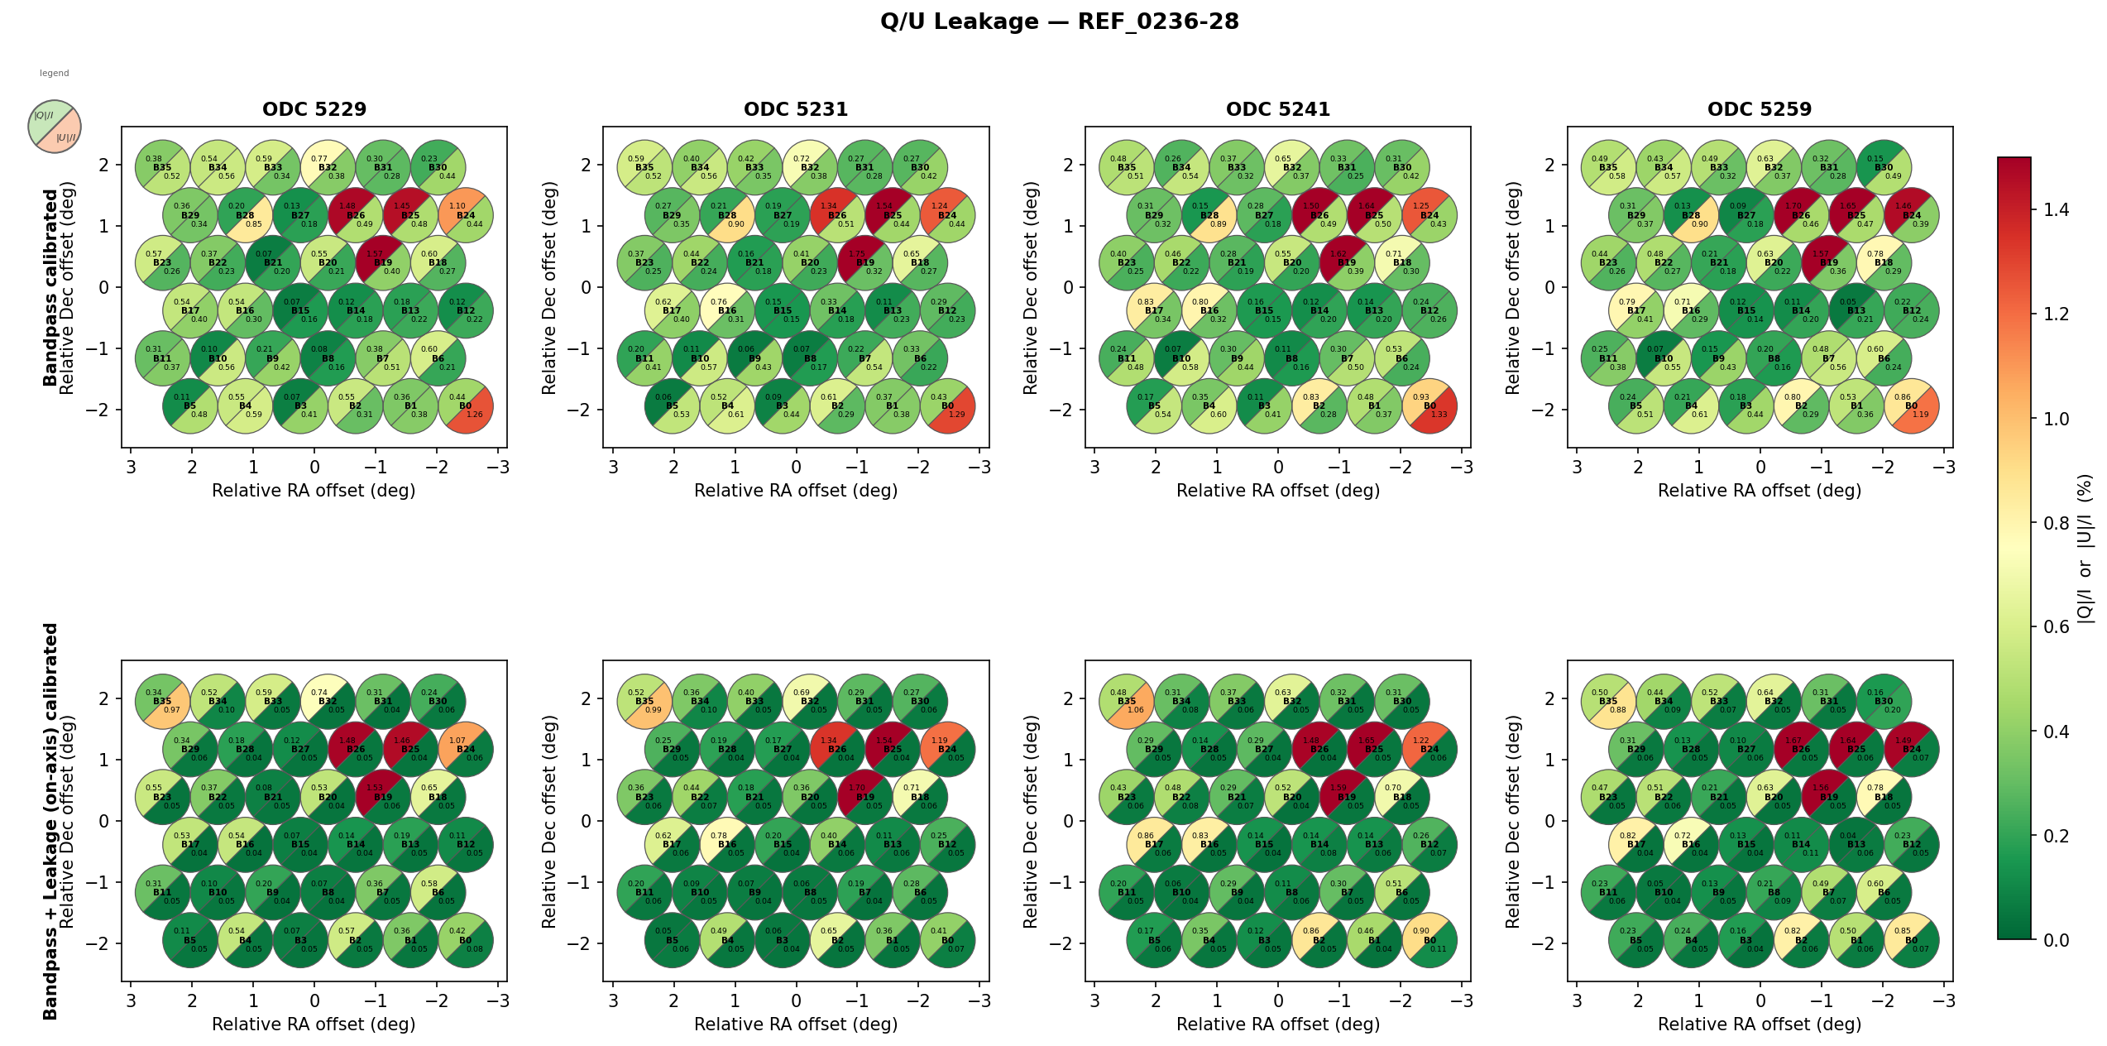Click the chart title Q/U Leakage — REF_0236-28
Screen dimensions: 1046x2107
[x=1059, y=22]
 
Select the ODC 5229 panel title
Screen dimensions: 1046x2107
[x=314, y=109]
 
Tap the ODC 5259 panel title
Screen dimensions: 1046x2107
[x=1760, y=109]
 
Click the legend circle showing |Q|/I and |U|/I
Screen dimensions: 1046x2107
[x=55, y=127]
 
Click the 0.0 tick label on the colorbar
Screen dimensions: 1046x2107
[x=2056, y=940]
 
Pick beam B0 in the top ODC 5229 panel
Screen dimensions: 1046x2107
[x=466, y=406]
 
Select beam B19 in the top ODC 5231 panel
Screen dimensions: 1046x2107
[x=864, y=263]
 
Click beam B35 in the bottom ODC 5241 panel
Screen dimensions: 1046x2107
[x=1127, y=702]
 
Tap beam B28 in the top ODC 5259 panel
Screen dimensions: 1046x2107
[x=1691, y=215]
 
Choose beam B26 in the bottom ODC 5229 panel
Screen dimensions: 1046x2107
[x=356, y=750]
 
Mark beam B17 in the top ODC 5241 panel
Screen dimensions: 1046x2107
[x=1154, y=311]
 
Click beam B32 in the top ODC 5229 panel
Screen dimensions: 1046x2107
[x=328, y=167]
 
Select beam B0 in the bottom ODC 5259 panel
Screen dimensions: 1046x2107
[x=1911, y=941]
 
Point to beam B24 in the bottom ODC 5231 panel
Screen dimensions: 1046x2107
[x=947, y=750]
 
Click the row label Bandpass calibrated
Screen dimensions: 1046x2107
[x=50, y=287]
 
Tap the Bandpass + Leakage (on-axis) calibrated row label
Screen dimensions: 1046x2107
[x=50, y=821]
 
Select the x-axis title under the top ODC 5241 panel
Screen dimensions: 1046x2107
[x=1278, y=491]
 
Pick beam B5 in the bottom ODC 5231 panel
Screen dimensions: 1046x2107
[x=672, y=941]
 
